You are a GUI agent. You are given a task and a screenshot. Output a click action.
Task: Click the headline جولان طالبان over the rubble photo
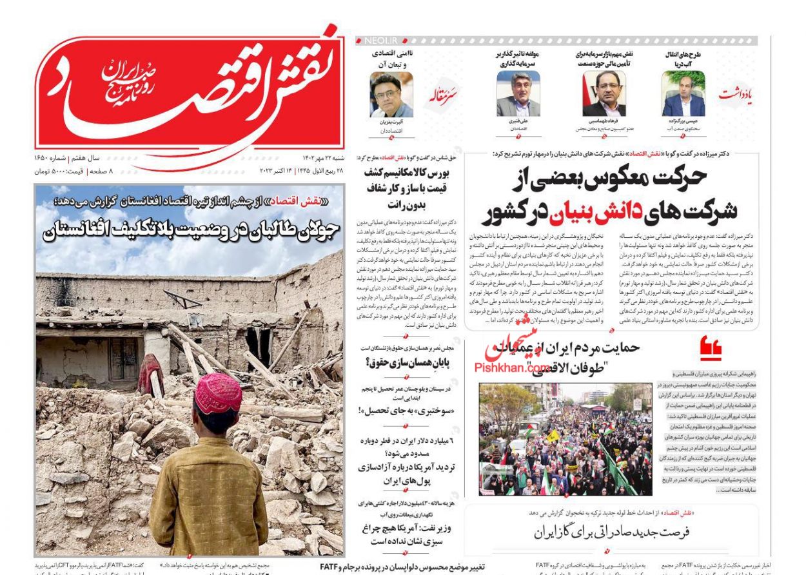[x=184, y=231]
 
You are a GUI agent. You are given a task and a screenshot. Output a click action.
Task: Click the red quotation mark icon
[x=711, y=349]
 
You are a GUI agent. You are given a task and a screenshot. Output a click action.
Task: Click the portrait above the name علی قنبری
[x=518, y=94]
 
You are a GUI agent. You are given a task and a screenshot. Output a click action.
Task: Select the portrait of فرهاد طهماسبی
[x=604, y=94]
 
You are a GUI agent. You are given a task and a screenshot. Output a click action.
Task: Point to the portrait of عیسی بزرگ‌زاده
[x=683, y=94]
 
